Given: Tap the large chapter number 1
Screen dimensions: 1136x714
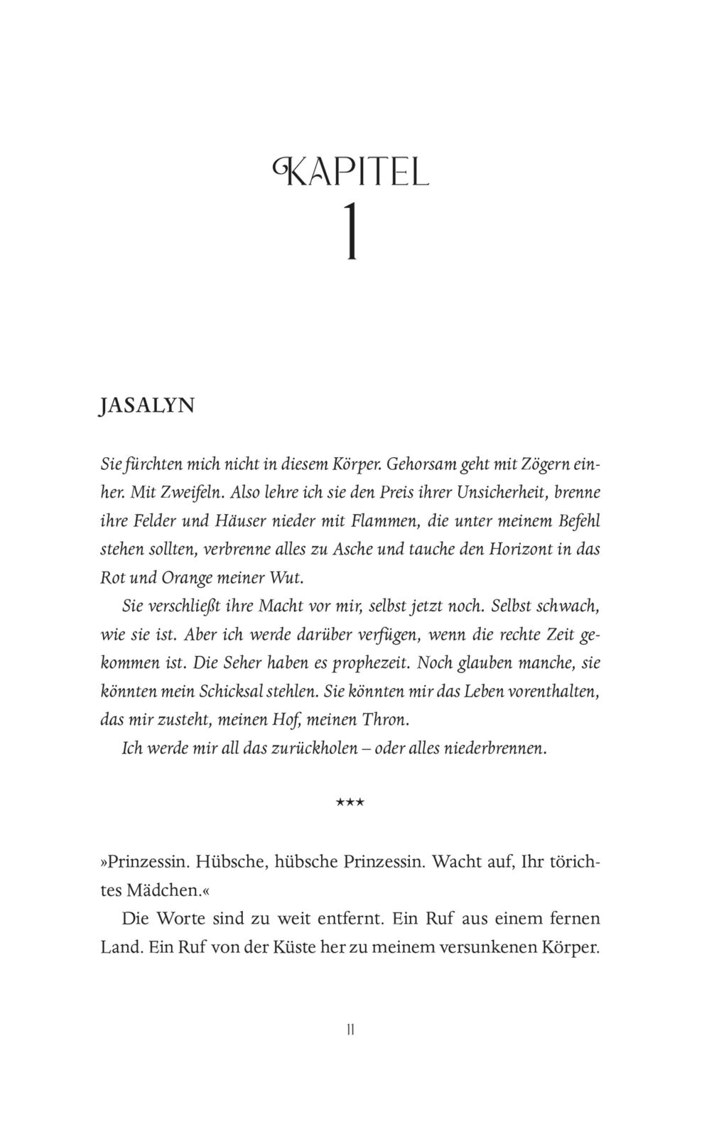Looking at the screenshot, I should pos(350,232).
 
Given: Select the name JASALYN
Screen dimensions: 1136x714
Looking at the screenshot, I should pos(147,405).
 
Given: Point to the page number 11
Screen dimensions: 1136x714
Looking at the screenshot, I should pos(350,1029).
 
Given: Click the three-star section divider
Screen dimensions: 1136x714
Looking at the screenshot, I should pos(350,803).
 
